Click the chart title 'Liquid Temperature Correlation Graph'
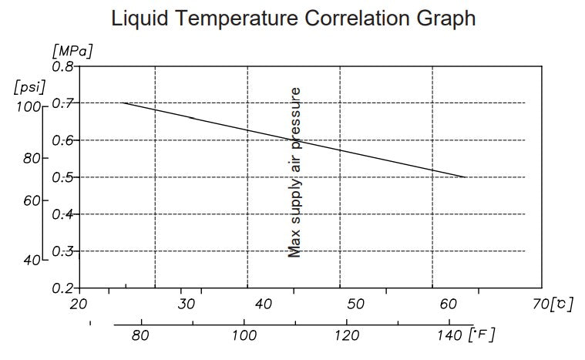(x=294, y=19)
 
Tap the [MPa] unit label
(x=72, y=52)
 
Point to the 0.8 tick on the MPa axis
(x=63, y=66)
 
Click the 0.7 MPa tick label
(x=63, y=103)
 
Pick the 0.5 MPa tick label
(x=63, y=177)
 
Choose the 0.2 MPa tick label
(x=63, y=288)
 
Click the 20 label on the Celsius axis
(x=79, y=304)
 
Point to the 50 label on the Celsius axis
(x=356, y=304)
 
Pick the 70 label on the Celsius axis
(x=541, y=304)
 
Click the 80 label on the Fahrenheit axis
(x=140, y=335)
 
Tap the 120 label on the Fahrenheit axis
(x=348, y=335)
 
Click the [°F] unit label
(x=482, y=335)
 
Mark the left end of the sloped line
(x=123, y=103)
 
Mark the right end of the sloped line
(x=466, y=177)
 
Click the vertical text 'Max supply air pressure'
(x=294, y=171)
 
